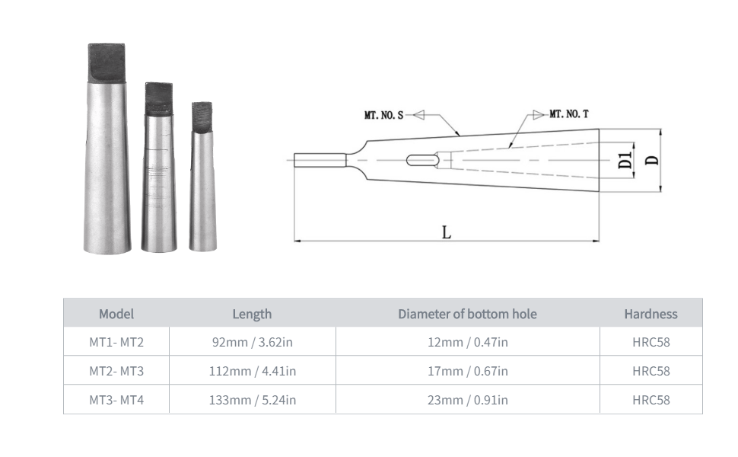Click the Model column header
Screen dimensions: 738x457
coord(116,314)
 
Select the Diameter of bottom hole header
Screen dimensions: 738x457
coord(467,314)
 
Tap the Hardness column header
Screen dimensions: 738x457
coord(651,314)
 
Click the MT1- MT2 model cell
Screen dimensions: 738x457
coord(116,342)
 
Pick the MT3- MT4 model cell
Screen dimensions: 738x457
coord(116,400)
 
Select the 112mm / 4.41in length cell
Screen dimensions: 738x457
coord(253,371)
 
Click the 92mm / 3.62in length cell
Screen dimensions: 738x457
coord(253,342)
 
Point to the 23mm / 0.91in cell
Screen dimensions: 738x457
coord(468,400)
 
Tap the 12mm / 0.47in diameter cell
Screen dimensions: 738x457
coord(468,342)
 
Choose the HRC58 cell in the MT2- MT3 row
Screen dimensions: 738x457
coord(651,371)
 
